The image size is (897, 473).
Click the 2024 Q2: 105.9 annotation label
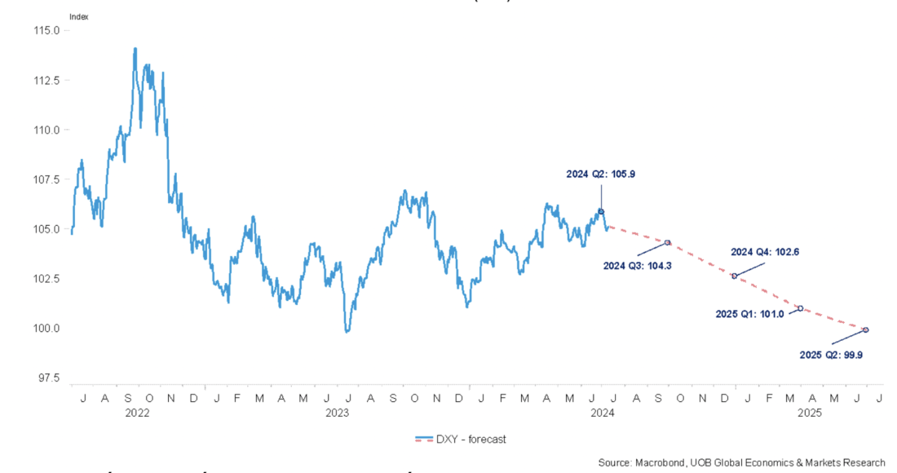click(602, 174)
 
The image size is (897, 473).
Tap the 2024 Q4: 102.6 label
click(764, 252)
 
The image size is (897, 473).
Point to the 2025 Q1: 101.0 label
click(749, 313)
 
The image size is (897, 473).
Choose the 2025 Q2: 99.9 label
click(831, 355)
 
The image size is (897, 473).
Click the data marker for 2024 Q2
click(601, 211)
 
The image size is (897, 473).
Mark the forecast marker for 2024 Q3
click(668, 242)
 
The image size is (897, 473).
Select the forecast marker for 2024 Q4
click(734, 276)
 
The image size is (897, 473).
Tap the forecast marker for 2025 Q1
click(800, 308)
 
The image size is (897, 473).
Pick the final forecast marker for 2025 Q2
click(865, 329)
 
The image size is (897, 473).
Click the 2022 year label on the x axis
click(136, 413)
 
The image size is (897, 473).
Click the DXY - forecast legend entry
click(461, 440)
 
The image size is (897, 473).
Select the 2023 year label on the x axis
click(337, 413)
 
